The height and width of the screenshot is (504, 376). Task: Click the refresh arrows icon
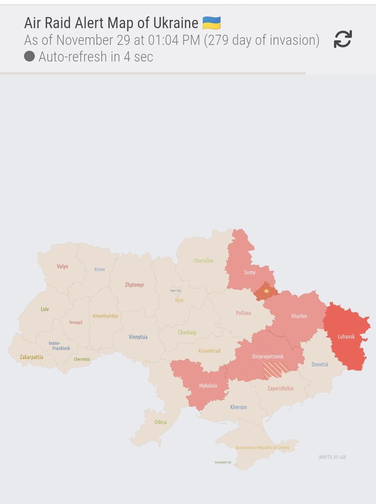click(343, 39)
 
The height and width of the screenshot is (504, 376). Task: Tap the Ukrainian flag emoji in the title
click(212, 23)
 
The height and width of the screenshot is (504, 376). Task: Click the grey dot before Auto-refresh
click(29, 56)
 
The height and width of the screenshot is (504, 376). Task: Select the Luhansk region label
click(346, 336)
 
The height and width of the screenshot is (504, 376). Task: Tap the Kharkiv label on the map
click(299, 316)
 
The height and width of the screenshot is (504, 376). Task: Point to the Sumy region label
click(250, 272)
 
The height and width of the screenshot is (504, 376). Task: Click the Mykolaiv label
click(208, 386)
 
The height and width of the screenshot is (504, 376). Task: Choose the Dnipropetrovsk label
click(268, 356)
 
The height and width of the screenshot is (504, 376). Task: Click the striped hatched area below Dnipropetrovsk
click(275, 370)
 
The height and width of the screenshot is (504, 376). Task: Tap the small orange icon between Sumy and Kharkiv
click(266, 290)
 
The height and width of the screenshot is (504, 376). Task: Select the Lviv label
click(45, 309)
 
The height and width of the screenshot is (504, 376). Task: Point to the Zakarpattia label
click(32, 357)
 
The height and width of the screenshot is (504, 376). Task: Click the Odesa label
click(161, 422)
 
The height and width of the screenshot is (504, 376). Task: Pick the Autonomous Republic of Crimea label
click(262, 447)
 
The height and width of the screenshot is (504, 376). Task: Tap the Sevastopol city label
click(223, 462)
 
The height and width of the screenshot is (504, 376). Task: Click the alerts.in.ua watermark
click(332, 457)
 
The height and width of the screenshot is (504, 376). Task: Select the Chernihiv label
click(204, 261)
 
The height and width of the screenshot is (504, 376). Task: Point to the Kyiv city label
click(176, 290)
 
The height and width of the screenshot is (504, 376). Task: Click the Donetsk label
click(320, 364)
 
